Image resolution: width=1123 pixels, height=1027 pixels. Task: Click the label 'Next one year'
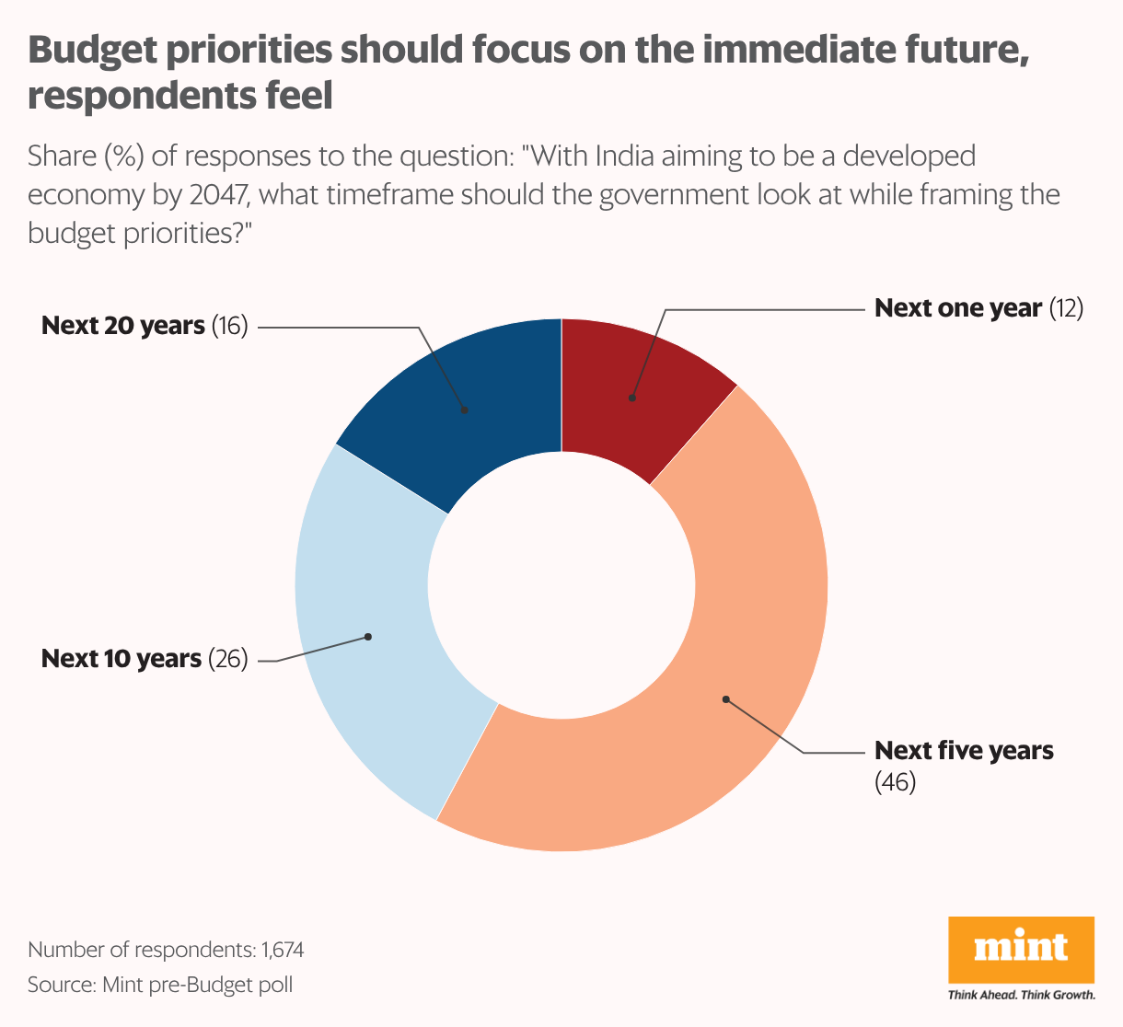pos(957,308)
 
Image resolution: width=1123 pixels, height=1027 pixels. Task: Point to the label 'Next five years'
pos(964,751)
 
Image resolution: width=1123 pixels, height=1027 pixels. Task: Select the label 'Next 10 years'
pos(122,659)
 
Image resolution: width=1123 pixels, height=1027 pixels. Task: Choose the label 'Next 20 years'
pos(123,326)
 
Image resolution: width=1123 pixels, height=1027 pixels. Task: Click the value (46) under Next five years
pos(895,783)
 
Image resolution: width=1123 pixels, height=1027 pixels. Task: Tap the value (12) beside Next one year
pos(1066,308)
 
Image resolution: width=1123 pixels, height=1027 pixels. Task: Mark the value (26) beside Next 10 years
pos(228,659)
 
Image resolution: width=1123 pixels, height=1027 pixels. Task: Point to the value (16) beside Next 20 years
pos(230,326)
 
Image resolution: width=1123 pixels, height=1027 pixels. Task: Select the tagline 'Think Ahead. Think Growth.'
pos(1021,995)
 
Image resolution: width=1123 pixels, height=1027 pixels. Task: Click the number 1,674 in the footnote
pos(282,950)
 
